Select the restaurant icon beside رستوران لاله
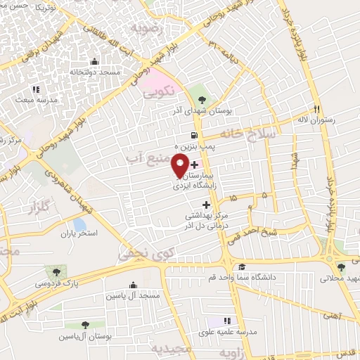(x=316, y=110)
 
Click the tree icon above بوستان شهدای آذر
(x=202, y=99)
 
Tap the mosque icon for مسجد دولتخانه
(x=94, y=62)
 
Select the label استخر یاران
(x=77, y=232)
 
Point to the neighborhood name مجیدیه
(x=174, y=349)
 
